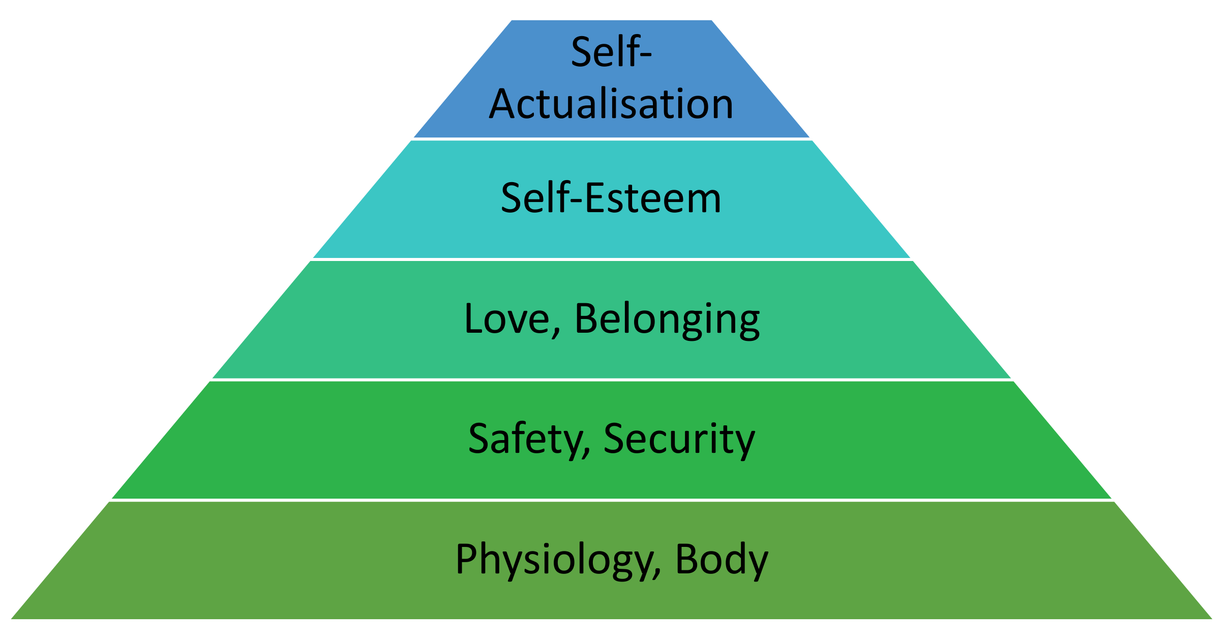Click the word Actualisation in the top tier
[x=611, y=104]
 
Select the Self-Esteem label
[x=611, y=198]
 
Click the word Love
[x=507, y=319]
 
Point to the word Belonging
[x=667, y=319]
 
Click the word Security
[x=679, y=439]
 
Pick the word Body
[x=722, y=559]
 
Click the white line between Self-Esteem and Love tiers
[x=611, y=259]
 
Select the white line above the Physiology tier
[x=611, y=500]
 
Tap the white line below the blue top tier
[x=611, y=139]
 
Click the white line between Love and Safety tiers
[x=611, y=380]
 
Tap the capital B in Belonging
[x=586, y=319]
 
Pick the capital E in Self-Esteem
[x=595, y=198]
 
